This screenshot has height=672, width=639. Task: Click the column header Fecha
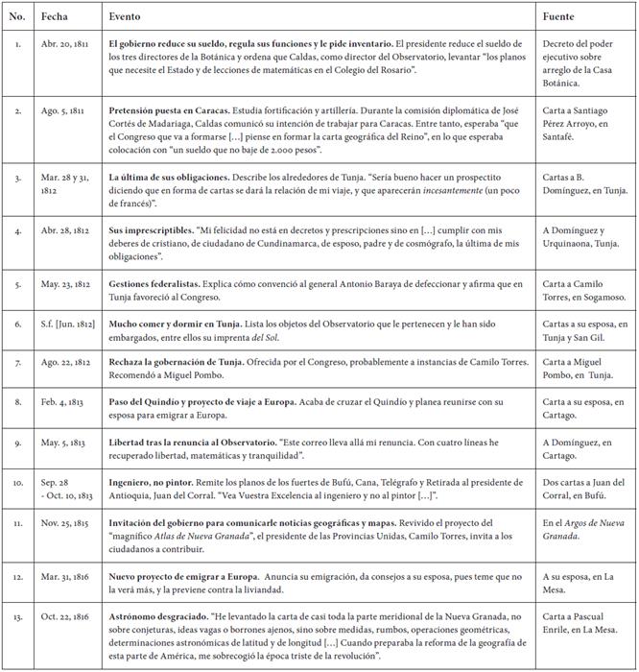click(55, 18)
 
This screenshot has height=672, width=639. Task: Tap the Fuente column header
click(559, 18)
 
